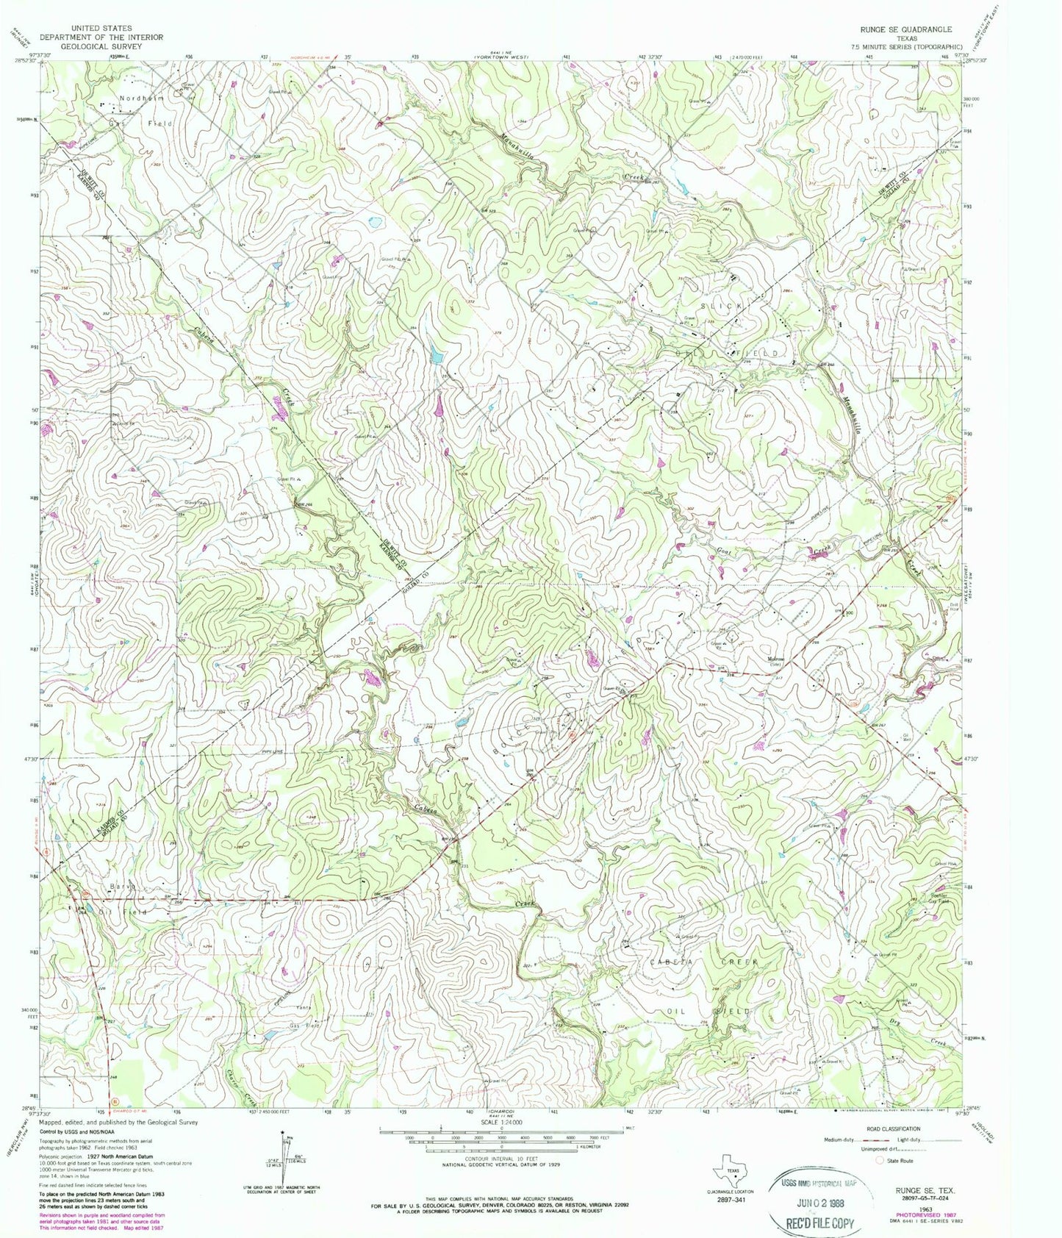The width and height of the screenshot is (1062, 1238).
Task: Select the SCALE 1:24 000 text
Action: (501, 1122)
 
